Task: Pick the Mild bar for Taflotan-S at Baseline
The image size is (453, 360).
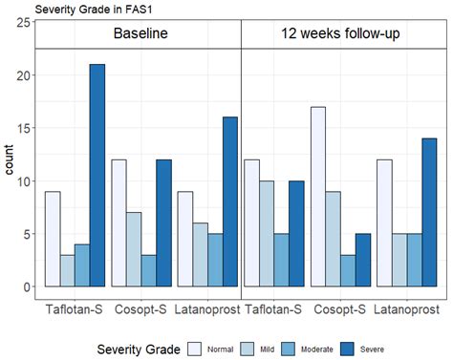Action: coord(67,270)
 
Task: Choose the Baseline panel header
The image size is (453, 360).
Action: coord(140,35)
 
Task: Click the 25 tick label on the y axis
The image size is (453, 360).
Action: coord(21,23)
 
